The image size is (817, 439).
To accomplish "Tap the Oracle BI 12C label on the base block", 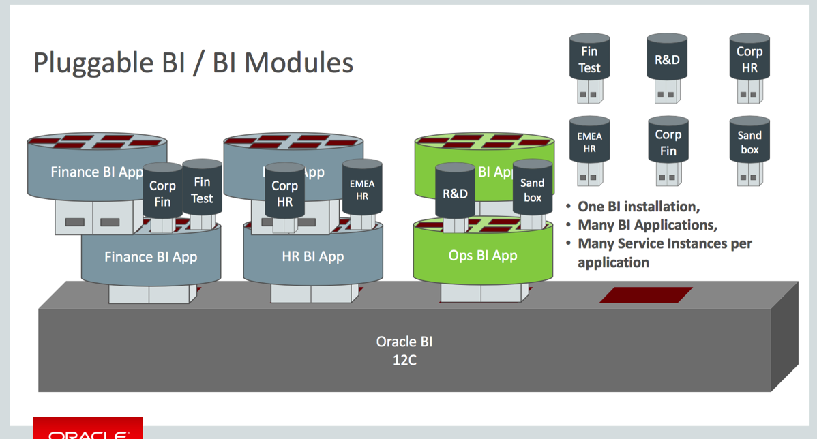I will pos(404,350).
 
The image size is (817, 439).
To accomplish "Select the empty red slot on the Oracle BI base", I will pos(646,295).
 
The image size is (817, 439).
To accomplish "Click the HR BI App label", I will pos(312,257).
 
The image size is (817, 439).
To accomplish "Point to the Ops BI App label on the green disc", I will pos(483,256).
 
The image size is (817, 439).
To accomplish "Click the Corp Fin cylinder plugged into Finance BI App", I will pos(162,193).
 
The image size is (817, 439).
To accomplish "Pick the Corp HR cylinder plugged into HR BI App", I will pos(284,193).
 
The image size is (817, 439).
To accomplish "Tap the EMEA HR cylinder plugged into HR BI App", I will pos(362,189).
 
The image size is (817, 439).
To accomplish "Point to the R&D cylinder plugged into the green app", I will pos(455,193).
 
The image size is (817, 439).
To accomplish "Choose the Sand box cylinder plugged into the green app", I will pos(532,190).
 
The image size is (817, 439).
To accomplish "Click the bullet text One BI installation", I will pos(638,207).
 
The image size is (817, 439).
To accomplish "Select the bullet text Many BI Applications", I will pos(647,225).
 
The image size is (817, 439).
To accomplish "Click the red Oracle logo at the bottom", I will pos(87,429).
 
